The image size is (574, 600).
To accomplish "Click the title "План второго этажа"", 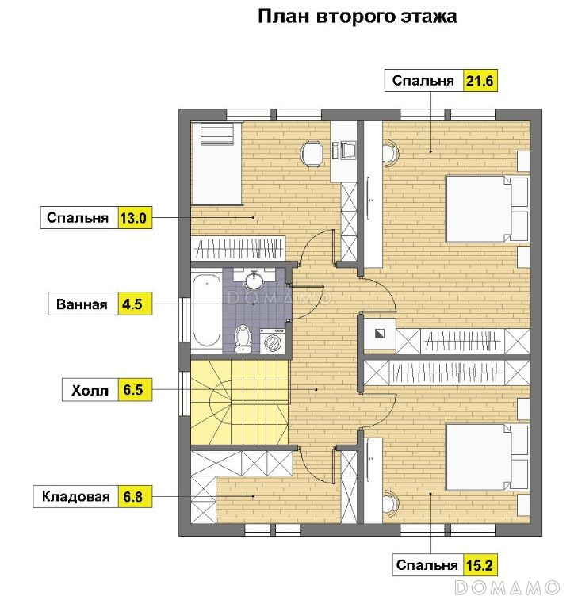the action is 358,17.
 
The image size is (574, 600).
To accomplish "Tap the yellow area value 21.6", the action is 480,81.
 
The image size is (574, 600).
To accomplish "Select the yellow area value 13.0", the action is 133,218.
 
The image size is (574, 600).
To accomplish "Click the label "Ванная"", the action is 82,304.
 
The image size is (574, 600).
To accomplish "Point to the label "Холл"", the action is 90,390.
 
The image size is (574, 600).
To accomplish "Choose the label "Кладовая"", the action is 76,496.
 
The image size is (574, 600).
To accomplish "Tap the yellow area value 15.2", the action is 480,565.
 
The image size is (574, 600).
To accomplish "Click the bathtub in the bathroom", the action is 206,309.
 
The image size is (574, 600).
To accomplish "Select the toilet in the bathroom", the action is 243,338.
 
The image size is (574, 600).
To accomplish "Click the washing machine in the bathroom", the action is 273,341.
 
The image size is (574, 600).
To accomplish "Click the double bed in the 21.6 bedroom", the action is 487,208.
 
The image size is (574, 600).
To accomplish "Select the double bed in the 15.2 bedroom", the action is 487,457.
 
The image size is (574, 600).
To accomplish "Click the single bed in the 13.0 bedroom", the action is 216,163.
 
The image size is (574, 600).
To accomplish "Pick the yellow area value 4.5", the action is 133,304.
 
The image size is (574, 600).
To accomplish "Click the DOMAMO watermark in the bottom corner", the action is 507,587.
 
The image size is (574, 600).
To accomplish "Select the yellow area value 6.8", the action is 133,496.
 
